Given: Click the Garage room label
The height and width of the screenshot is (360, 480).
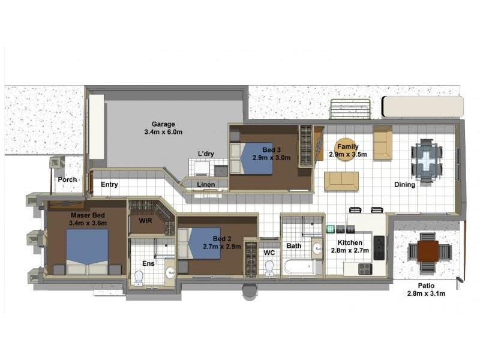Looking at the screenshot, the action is point(163,124).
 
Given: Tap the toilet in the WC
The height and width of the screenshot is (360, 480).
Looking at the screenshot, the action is point(269,268).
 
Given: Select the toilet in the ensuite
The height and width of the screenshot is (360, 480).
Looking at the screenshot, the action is point(139,278).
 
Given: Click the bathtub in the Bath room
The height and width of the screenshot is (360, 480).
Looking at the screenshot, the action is point(299,267).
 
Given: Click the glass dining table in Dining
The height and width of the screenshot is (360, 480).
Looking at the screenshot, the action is point(427,161).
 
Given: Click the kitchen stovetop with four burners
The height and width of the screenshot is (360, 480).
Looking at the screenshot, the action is point(365,269).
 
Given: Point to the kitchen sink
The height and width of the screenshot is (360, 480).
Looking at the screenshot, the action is point(379,248).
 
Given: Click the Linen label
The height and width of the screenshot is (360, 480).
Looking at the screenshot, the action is point(206,185).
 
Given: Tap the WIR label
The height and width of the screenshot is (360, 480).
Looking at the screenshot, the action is point(145,220).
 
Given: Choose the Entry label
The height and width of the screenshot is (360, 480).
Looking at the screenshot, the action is point(109,184).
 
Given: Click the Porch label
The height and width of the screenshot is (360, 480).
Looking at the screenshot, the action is point(67,179).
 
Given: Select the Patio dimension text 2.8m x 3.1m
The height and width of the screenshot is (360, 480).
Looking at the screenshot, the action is point(426,293).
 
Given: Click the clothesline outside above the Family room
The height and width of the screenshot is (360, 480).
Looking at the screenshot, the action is point(350,109).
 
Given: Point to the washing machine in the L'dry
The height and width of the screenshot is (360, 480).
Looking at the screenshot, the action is point(202,168).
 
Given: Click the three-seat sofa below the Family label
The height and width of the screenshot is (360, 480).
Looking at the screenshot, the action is point(341,181).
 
